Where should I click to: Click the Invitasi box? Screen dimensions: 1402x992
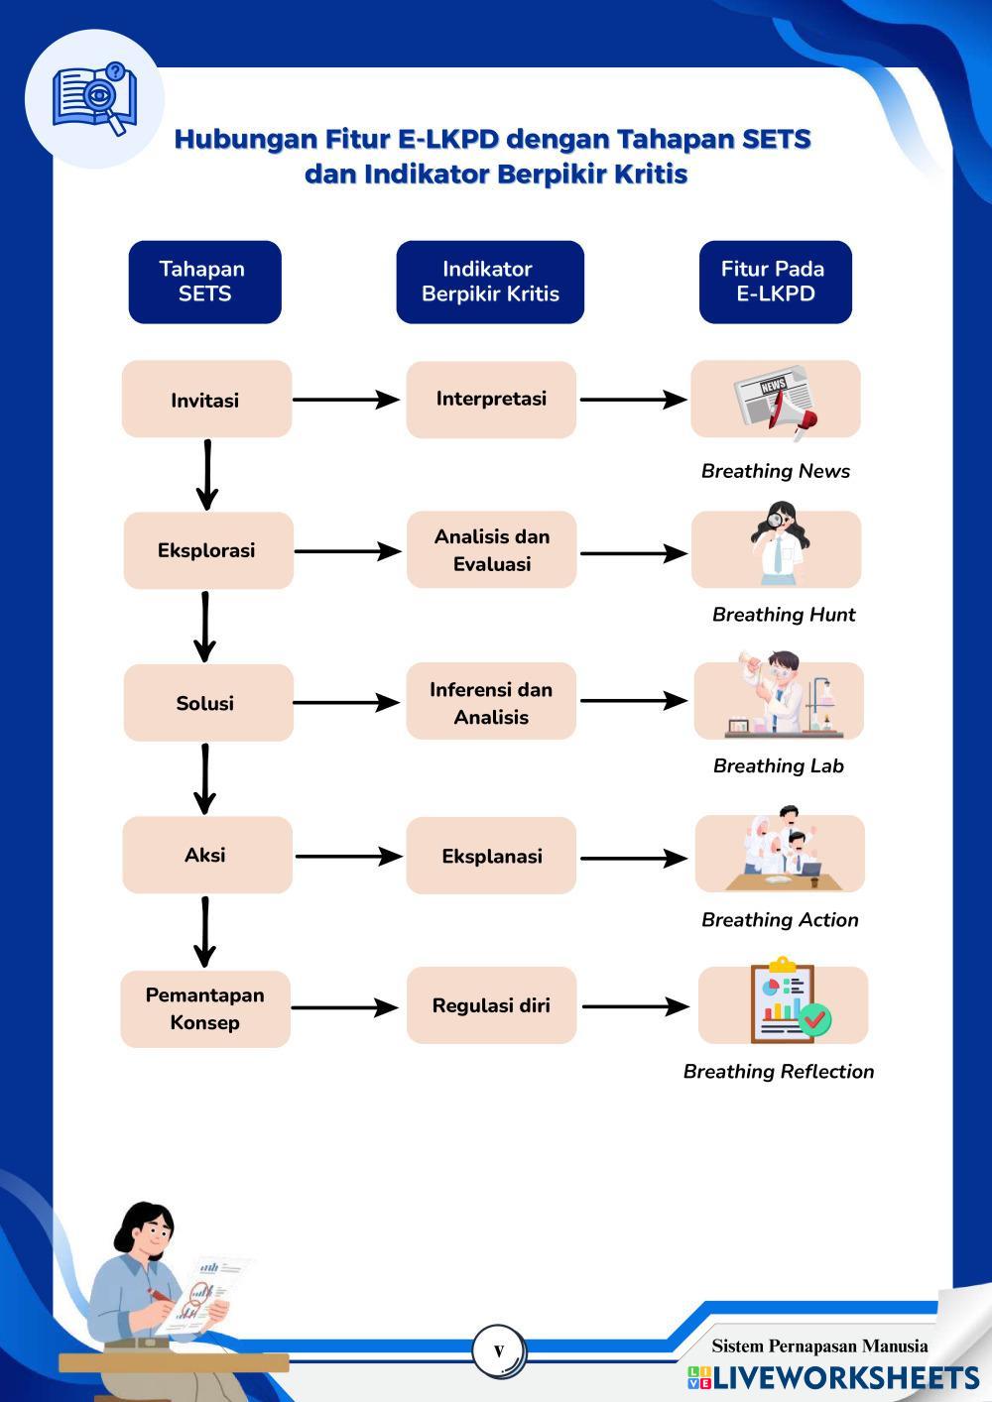pos(206,400)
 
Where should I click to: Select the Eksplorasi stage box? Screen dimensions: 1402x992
pos(207,550)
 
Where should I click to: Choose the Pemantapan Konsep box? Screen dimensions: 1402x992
pos(205,1008)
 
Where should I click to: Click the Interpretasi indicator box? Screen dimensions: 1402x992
pos(491,400)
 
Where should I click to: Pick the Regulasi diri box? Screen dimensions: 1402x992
pos(491,1005)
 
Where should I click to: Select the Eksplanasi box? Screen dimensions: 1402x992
pos(491,856)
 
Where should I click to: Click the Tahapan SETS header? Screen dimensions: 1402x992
pos(204,282)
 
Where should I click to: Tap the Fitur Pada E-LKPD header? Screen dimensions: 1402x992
pos(775,282)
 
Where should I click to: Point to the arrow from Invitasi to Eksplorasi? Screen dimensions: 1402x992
pos(206,475)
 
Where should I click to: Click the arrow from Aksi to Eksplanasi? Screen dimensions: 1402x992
pos(348,856)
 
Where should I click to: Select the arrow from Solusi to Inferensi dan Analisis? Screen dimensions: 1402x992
pos(345,703)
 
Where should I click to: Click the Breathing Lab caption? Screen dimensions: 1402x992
pos(779,766)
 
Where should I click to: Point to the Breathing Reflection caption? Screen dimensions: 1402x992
pos(779,1072)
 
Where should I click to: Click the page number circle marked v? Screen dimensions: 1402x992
pos(498,1350)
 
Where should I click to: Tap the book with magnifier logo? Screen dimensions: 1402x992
pos(95,99)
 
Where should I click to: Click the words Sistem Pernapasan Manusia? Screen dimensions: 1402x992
pos(819,1346)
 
